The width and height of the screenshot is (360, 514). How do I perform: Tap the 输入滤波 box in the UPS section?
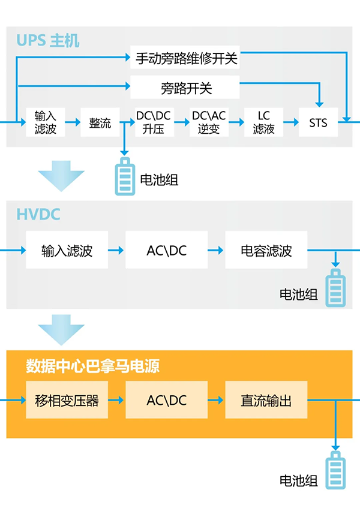(46, 122)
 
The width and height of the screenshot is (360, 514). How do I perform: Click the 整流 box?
(100, 122)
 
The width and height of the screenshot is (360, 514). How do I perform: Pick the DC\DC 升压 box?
(154, 122)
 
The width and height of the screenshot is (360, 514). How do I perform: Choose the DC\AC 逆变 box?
(208, 122)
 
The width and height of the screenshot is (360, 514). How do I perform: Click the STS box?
(318, 122)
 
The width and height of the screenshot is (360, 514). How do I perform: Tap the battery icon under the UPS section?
(125, 176)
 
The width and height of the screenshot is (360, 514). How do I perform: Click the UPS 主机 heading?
(48, 41)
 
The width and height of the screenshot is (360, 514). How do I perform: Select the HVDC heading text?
(39, 214)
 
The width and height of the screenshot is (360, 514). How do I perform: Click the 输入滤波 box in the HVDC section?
(67, 250)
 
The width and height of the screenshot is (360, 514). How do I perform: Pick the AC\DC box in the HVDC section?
(166, 250)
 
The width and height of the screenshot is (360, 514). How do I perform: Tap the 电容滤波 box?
(266, 250)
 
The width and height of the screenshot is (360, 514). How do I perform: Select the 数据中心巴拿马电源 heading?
(93, 366)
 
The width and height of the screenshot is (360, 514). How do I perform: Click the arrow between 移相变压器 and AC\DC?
(116, 399)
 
